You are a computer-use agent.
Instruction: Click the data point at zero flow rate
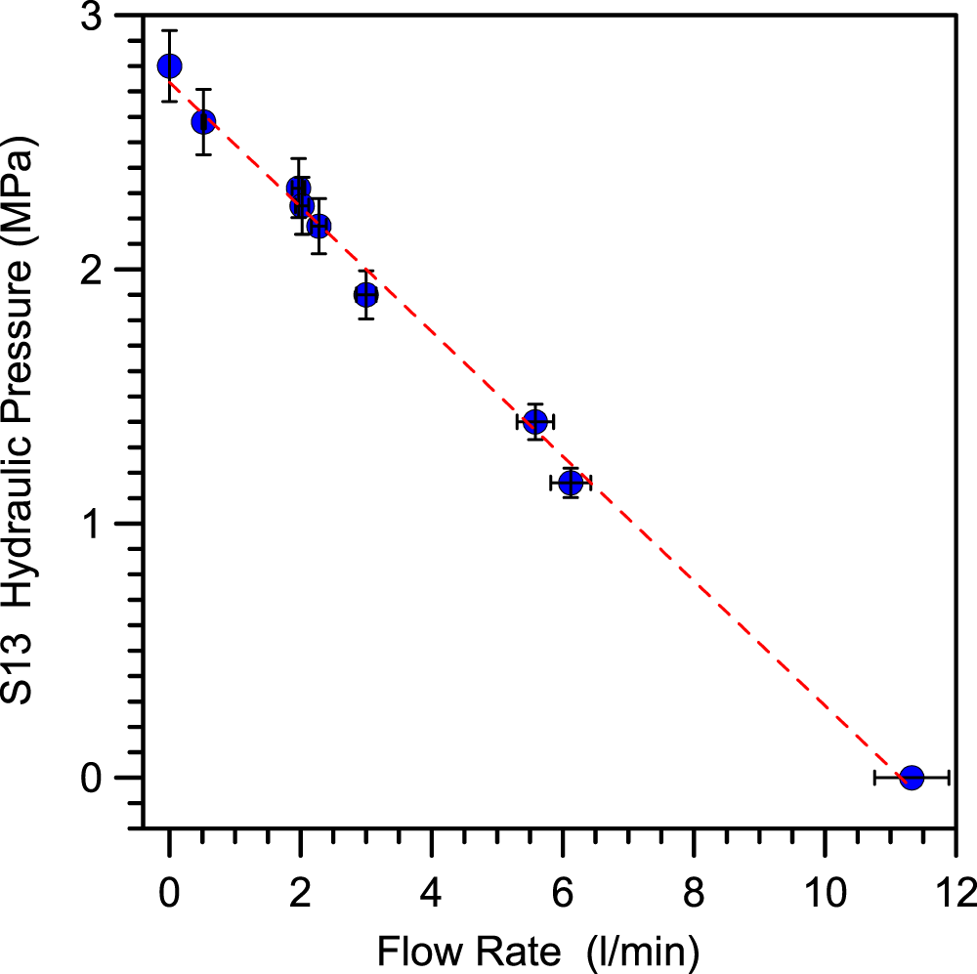(x=169, y=66)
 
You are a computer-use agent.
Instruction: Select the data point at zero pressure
(x=912, y=778)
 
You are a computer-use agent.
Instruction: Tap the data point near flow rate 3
(x=365, y=294)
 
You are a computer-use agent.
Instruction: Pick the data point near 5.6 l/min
(x=535, y=421)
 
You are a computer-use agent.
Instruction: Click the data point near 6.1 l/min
(x=571, y=483)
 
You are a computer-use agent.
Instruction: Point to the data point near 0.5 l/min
(x=203, y=122)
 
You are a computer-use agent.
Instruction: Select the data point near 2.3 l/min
(x=319, y=226)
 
